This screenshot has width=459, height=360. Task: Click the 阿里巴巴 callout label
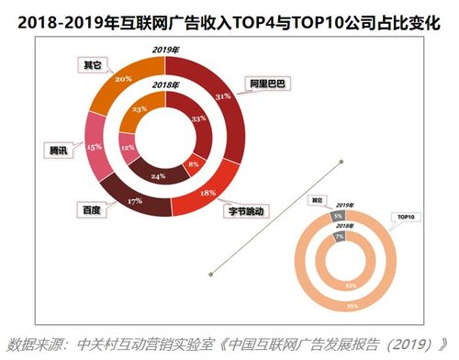tap(266, 84)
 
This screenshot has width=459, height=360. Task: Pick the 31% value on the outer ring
tap(220, 96)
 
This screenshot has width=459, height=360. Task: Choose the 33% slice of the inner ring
tap(195, 119)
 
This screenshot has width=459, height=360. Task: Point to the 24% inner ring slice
tap(158, 174)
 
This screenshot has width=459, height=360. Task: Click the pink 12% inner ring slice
tap(128, 148)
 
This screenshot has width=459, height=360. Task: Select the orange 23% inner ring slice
tap(140, 108)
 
